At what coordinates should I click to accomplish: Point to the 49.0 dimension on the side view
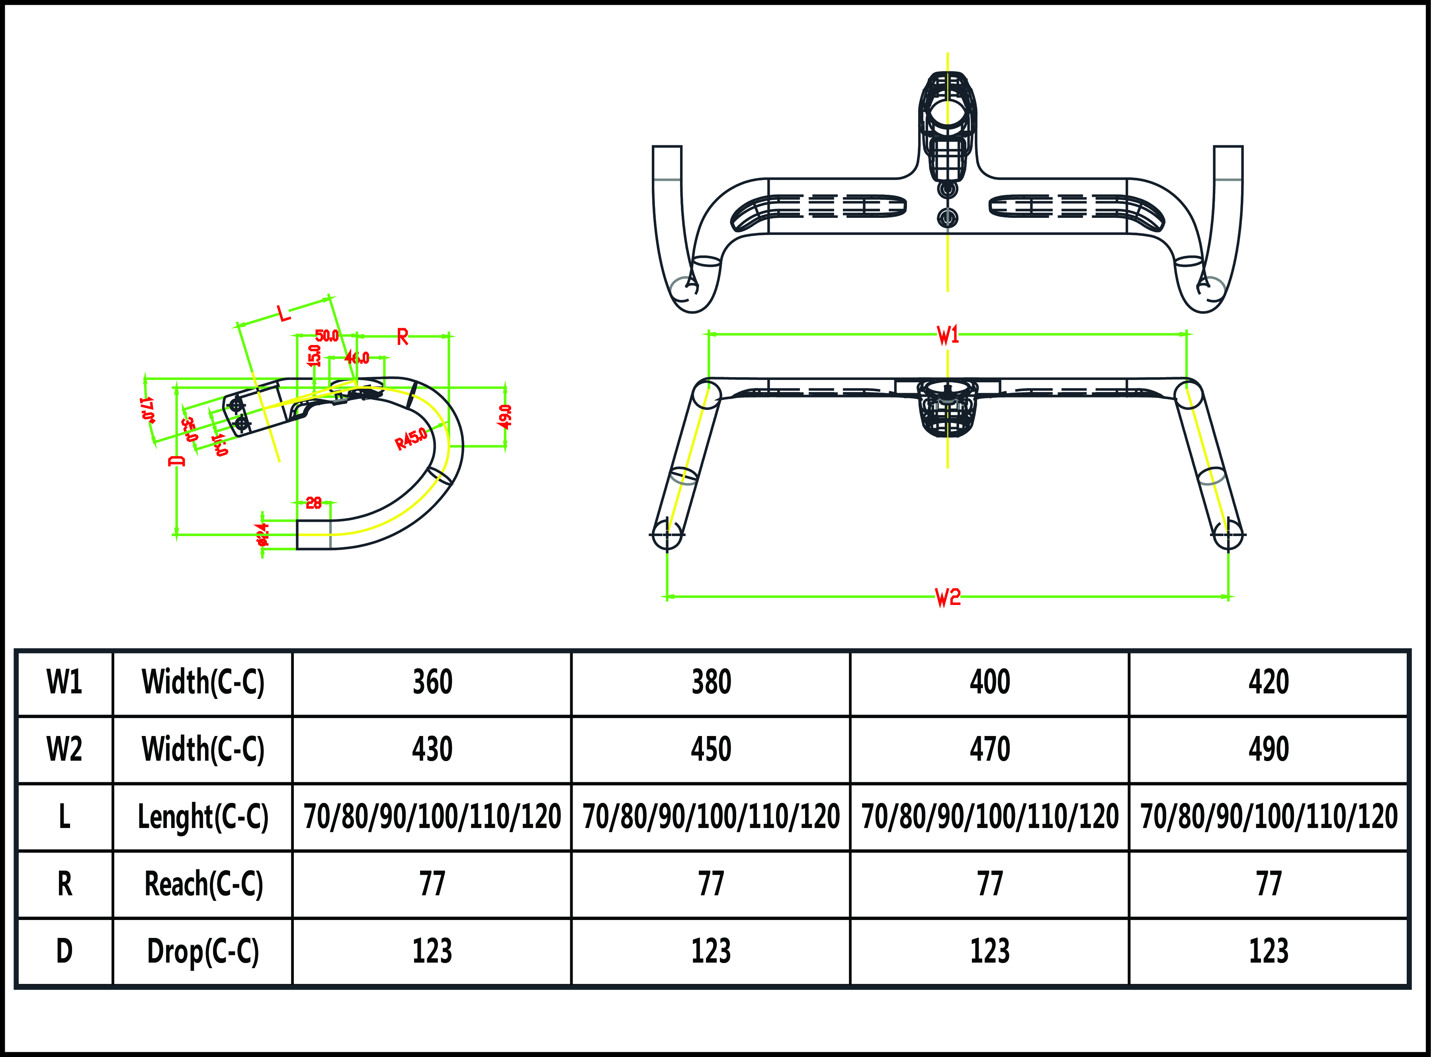point(505,417)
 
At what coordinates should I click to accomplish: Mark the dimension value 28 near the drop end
point(313,503)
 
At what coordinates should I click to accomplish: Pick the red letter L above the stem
point(283,313)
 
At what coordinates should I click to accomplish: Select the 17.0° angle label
point(147,409)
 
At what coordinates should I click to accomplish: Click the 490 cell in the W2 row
point(1269,749)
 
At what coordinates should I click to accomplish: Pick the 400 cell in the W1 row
point(989,682)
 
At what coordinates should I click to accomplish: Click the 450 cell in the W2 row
point(711,749)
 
